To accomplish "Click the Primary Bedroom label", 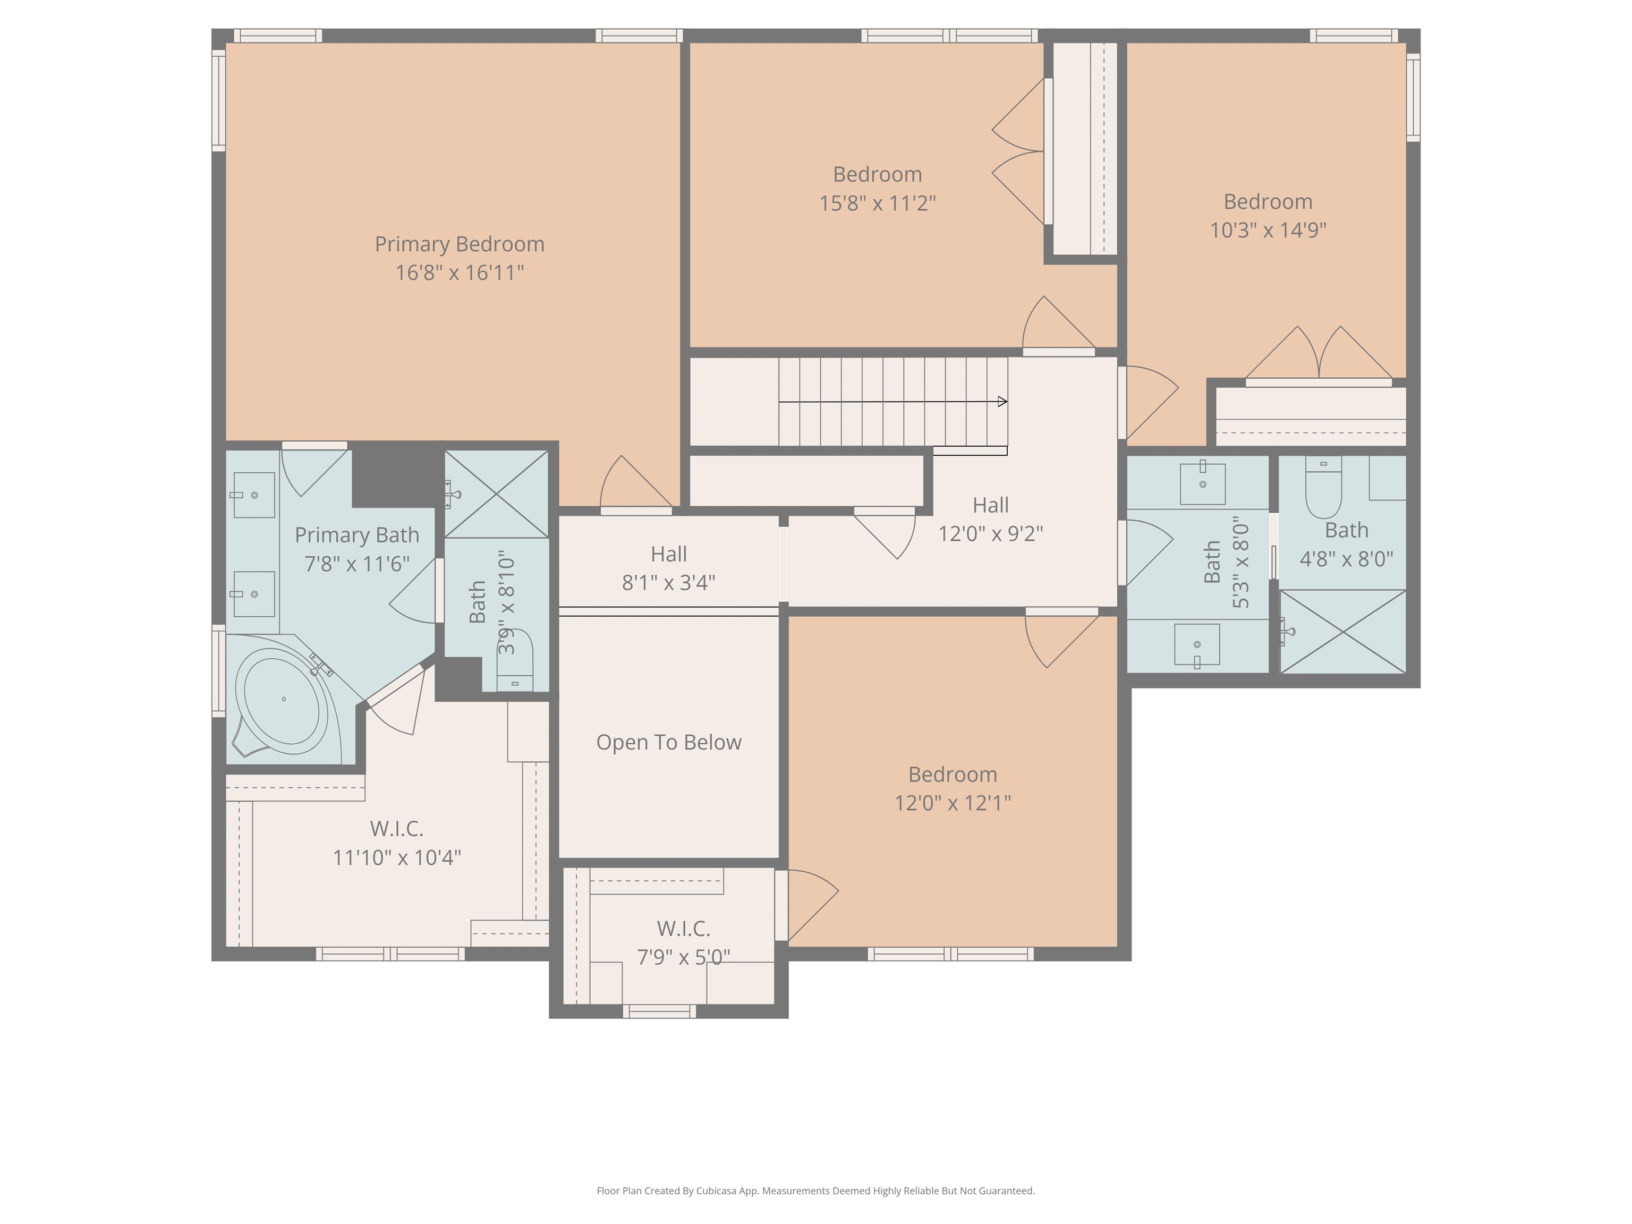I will [x=459, y=244].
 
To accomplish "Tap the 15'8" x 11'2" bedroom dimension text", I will [x=877, y=203].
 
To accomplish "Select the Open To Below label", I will [x=668, y=742].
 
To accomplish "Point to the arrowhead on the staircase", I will [x=1002, y=402].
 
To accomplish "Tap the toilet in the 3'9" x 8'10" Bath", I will [x=515, y=662].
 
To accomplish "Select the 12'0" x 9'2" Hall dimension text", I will [x=990, y=533].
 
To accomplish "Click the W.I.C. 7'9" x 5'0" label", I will [x=683, y=929].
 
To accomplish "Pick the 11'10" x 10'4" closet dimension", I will [x=397, y=857].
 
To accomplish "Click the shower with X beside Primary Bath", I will [x=496, y=494].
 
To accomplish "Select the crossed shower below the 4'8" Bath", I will [x=1343, y=632].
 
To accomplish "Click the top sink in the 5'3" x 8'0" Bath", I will [x=1203, y=484].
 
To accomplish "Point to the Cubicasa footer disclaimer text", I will [x=815, y=1191].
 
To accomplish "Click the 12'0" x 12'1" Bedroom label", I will [x=953, y=775].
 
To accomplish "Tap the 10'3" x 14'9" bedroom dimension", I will [x=1268, y=230].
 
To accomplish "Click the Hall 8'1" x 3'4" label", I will [x=668, y=555].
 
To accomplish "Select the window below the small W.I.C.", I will [x=659, y=1011].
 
